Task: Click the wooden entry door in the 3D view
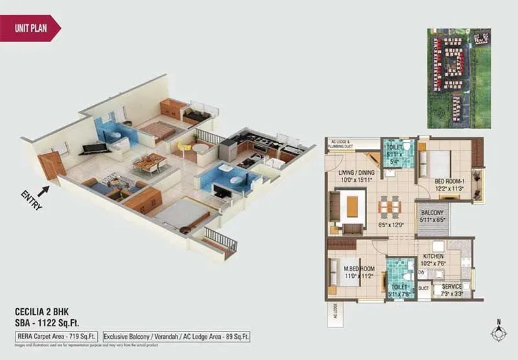51,166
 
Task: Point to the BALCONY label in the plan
432,212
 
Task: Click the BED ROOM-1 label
448,182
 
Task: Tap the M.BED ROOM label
359,269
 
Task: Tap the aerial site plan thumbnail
459,78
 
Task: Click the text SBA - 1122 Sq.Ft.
49,322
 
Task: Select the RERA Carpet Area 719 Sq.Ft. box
57,337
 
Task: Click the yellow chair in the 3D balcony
184,149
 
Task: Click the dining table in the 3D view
148,162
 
